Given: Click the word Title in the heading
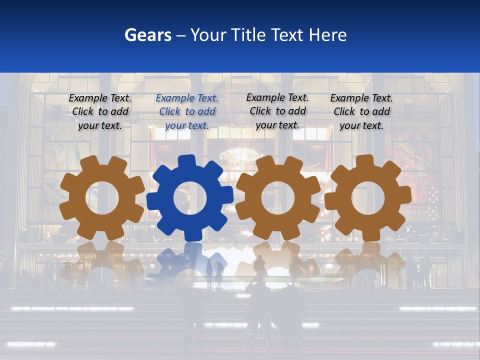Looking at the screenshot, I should (x=247, y=35).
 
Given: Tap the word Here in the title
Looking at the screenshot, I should (x=327, y=35).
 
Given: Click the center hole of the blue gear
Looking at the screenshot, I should (x=190, y=198).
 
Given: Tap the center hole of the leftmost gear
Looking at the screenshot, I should (x=102, y=198).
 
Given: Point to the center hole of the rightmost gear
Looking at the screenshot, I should (x=368, y=198).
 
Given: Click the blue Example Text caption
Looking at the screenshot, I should (x=187, y=111).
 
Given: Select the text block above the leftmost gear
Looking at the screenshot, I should (x=100, y=111).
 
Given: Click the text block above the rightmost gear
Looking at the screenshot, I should (x=361, y=111).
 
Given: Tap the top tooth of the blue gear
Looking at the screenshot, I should (x=186, y=160).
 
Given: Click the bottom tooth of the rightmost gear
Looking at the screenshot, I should (x=368, y=235).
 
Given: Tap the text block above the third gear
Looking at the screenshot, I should (x=277, y=111).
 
